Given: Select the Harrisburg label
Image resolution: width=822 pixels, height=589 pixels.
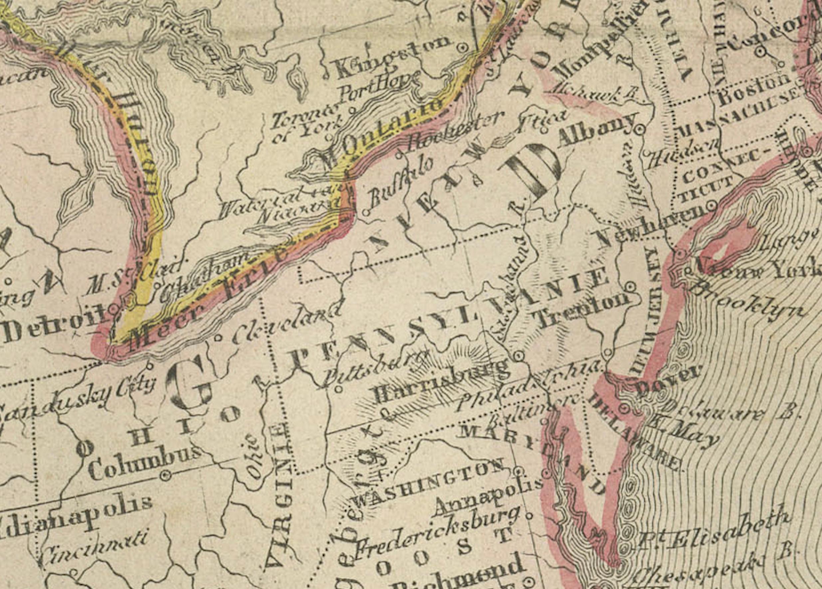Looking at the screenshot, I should click(440, 381).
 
